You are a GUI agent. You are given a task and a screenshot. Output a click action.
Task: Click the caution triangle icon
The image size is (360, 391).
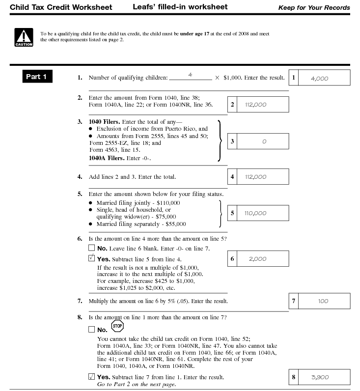click(24, 37)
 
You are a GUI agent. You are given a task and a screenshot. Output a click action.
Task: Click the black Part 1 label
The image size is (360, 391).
click(37, 77)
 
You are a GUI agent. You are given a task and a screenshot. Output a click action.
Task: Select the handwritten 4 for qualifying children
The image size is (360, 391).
click(190, 75)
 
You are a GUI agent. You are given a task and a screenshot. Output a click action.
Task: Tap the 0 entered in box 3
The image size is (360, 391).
click(264, 141)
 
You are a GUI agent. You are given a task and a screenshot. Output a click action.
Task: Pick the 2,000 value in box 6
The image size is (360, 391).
click(257, 259)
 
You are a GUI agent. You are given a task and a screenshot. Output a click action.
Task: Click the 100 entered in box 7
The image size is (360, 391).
click(323, 301)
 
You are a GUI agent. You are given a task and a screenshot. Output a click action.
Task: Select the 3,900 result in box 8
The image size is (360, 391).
click(320, 377)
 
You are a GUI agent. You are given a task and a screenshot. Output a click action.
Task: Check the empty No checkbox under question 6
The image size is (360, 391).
click(92, 249)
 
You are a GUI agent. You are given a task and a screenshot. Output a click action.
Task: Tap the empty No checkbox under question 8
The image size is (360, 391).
click(92, 330)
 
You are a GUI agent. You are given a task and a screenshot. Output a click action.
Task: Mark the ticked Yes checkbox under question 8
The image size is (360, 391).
click(92, 377)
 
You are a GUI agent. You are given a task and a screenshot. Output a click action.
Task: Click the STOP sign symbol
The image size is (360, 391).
click(117, 326)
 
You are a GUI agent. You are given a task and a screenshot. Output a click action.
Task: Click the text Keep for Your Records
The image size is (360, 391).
click(314, 8)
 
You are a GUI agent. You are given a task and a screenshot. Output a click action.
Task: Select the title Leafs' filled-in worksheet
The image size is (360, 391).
click(180, 7)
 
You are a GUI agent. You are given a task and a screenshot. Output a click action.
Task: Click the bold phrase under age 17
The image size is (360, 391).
click(195, 34)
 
